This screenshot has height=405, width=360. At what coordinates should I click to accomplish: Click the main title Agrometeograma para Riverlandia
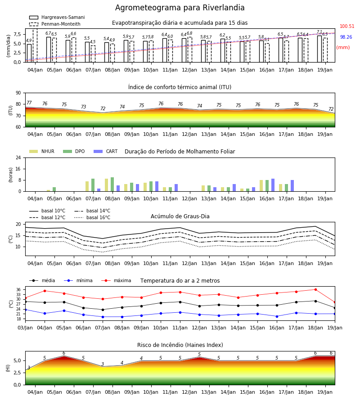pos(180,8)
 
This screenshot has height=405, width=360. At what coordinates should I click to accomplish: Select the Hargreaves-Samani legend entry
pos(57,17)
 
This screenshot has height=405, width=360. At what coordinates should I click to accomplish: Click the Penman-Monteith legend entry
pos(55,24)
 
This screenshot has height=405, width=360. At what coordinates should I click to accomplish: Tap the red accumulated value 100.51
pos(347,27)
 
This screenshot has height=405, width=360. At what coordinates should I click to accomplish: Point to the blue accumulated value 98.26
pos(346,37)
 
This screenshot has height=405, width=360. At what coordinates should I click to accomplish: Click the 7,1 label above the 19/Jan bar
pos(319,32)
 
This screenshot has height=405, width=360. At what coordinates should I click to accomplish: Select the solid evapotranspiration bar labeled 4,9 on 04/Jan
pos(29,53)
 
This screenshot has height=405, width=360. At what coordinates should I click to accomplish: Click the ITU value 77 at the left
pos(29,103)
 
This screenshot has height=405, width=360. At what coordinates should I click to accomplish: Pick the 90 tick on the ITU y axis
pos(18,93)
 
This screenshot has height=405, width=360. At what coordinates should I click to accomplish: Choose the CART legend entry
pos(106,151)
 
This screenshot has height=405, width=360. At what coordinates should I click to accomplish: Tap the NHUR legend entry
pos(42,151)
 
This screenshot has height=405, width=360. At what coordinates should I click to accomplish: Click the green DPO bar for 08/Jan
pos(112,184)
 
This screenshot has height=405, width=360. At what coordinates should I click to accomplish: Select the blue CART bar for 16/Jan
pos(273,185)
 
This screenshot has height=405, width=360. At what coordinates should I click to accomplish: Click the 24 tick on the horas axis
pos(18,158)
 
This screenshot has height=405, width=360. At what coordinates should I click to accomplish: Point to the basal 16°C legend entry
pos(92,217)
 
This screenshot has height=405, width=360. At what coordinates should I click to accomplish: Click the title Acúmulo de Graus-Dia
pos(180,216)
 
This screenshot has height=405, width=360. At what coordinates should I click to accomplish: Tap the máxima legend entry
pos(116,280)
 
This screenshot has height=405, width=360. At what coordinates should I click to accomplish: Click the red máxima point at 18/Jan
pos(315,289)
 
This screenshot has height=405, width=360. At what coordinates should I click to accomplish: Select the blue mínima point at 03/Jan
pos(26,310)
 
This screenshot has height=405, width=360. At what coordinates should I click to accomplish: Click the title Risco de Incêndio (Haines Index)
pos(180,345)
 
